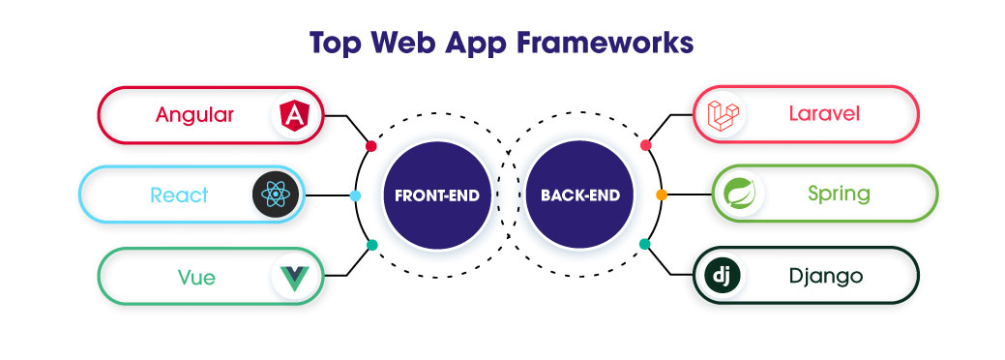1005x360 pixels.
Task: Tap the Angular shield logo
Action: point(291,116)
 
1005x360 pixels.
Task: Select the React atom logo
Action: point(276,195)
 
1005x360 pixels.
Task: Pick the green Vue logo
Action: point(292,278)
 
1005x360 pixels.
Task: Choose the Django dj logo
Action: point(721,277)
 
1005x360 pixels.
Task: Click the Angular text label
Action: point(194,115)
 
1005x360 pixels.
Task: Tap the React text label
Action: point(179,195)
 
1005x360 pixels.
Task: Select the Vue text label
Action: point(195,278)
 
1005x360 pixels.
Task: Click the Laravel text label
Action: point(824,115)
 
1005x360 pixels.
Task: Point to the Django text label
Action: point(824,277)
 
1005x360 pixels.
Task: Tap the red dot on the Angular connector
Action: point(370,146)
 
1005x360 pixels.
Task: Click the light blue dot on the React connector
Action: point(355,195)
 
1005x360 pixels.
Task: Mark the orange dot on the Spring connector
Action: point(662,195)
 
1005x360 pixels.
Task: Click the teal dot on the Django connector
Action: point(645,245)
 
